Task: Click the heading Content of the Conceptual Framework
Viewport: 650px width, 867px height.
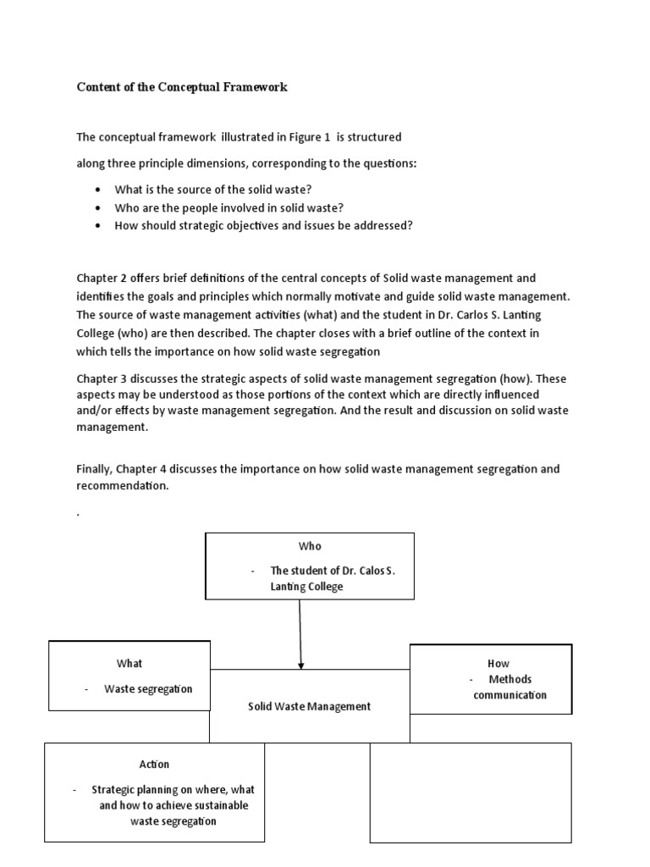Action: coord(182,87)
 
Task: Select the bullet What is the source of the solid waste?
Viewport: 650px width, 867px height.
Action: coord(207,189)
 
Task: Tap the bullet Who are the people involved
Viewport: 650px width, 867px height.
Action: coord(229,207)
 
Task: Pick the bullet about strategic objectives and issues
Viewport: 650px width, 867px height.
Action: coord(263,225)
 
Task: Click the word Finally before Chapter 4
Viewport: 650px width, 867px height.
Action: coord(97,468)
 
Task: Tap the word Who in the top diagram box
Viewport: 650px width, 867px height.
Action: coord(310,546)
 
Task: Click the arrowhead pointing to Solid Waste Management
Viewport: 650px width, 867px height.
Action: coord(301,665)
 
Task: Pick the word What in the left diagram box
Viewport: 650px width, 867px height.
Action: coord(129,663)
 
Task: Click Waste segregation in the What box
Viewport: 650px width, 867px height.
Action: coord(148,688)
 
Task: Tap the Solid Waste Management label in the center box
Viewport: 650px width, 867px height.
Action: coord(309,706)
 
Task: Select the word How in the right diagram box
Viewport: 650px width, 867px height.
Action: coord(499,663)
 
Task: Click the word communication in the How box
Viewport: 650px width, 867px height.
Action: coord(510,695)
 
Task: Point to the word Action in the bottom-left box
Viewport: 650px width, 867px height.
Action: coord(154,764)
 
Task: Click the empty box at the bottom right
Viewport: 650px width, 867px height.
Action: coord(471,792)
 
